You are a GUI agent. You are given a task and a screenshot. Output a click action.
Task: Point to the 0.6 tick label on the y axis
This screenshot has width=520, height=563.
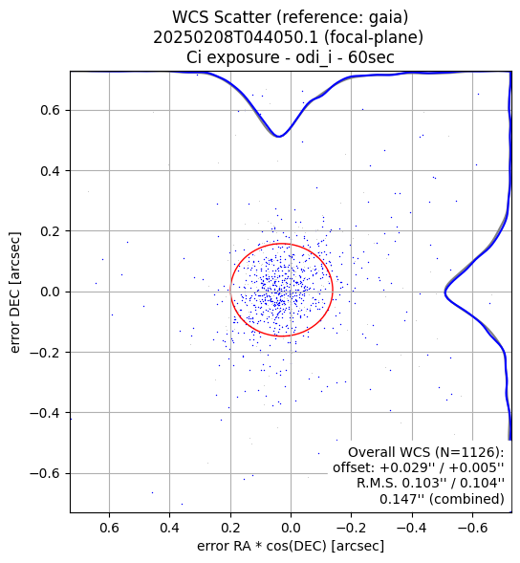[x=50, y=110]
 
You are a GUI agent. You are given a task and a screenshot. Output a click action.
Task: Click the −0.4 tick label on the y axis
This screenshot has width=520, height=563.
[x=45, y=413]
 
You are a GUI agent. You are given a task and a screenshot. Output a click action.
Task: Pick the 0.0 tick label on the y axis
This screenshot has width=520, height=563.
[x=50, y=292]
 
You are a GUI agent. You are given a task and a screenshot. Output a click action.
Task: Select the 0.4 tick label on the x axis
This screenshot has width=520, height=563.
[x=170, y=528]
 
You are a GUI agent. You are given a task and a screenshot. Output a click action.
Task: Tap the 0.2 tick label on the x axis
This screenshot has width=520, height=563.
[x=230, y=528]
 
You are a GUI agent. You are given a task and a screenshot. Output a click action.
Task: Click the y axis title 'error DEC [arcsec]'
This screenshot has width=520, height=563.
[x=15, y=292]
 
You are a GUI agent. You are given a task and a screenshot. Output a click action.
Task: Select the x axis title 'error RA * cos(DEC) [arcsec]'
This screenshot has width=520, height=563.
[x=291, y=546]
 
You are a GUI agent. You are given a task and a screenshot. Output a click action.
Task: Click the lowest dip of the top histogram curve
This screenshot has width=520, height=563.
[x=279, y=137]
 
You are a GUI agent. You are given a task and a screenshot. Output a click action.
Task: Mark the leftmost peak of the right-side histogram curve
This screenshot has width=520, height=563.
[x=444, y=293]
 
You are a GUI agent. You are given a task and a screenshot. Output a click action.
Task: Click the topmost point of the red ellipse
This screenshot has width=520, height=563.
[x=281, y=244]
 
